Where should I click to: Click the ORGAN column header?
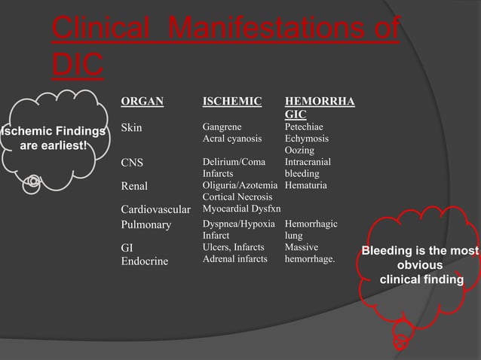pos(142,101)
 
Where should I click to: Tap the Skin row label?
pos(131,128)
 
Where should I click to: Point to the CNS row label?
pos(132,163)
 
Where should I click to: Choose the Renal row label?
pos(134,186)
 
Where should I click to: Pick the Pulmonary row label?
pos(146,224)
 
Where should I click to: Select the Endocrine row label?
pos(146,261)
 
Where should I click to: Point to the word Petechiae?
pos(307,127)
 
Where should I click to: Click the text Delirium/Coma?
pos(234,162)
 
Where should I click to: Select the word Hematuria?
pos(306,185)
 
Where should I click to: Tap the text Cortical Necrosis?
pos(237,197)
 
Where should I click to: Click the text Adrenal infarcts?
pos(235,259)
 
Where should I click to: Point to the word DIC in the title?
pos(77,66)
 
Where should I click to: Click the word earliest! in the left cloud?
pos(60,145)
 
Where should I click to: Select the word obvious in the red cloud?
pos(420,265)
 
